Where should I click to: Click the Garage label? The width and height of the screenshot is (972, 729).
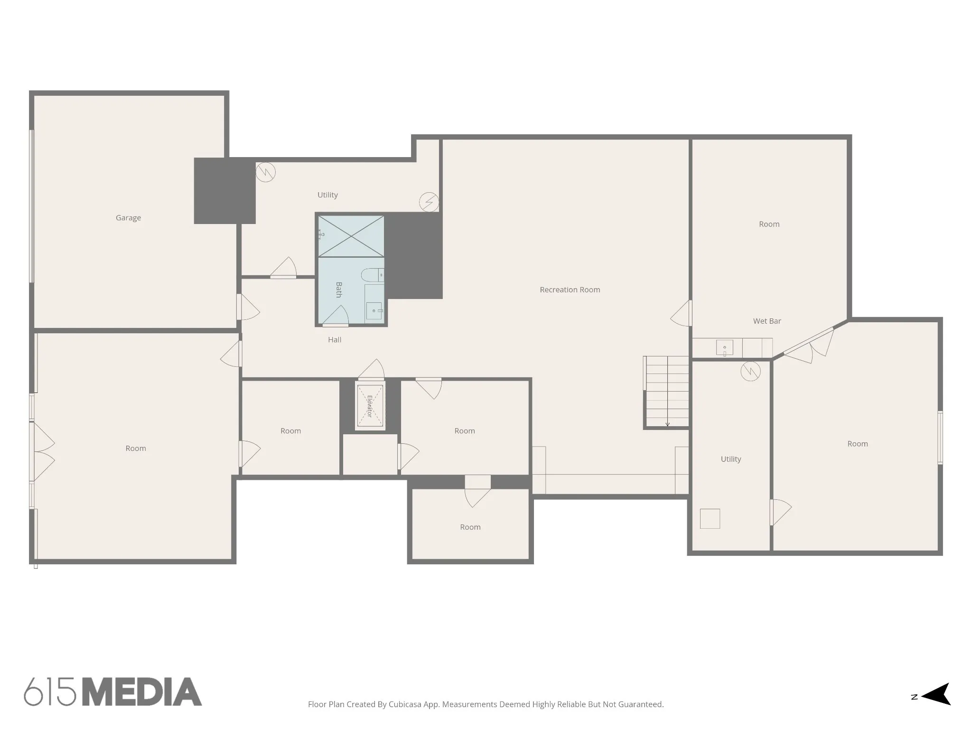tap(128, 218)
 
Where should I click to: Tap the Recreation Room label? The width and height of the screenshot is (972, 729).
tap(570, 290)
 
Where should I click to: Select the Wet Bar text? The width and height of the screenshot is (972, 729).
tap(767, 321)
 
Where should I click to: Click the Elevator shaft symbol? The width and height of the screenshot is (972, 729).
tap(370, 406)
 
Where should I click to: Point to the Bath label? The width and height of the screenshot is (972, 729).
tap(339, 290)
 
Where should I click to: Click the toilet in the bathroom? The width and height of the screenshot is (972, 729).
tap(373, 275)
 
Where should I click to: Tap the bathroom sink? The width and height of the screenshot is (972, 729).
tap(374, 311)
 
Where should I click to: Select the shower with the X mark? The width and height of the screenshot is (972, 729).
tap(351, 236)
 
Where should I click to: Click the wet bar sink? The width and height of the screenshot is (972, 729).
tap(724, 347)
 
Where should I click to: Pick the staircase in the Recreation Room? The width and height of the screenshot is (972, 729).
tap(667, 392)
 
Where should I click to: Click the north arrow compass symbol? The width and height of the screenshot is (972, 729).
tap(935, 697)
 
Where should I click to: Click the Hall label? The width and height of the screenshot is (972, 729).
tap(335, 340)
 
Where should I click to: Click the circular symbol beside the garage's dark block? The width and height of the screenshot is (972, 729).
tap(266, 172)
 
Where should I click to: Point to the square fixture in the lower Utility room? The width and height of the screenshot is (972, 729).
tap(710, 519)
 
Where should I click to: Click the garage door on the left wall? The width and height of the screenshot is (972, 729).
tap(32, 206)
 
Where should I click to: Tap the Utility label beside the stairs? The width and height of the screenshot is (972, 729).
tap(731, 459)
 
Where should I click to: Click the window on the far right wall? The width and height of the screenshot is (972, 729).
tap(940, 437)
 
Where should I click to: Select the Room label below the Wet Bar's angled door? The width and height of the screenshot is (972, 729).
tap(858, 444)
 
